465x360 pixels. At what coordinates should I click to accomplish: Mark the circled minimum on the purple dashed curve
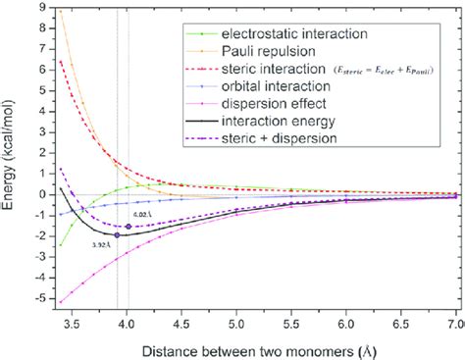point(129,226)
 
